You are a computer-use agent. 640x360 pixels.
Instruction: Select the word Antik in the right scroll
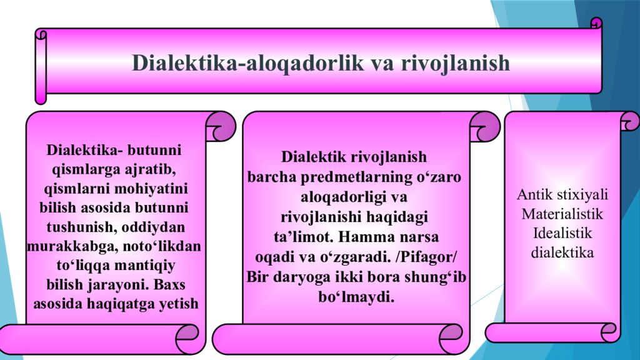533,194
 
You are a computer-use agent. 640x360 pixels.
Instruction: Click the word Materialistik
562,214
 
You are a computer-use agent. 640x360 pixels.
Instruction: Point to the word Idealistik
562,234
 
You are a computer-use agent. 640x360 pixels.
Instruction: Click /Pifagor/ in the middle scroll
425,258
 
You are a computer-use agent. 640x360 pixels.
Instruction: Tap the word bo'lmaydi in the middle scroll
356,296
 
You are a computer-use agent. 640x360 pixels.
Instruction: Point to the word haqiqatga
119,304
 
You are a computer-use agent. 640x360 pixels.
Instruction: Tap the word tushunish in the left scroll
79,227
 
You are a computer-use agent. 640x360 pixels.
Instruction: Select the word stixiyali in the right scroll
582,194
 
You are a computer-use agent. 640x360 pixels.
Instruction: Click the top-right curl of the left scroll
219,126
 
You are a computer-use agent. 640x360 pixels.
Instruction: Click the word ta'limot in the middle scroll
297,238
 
